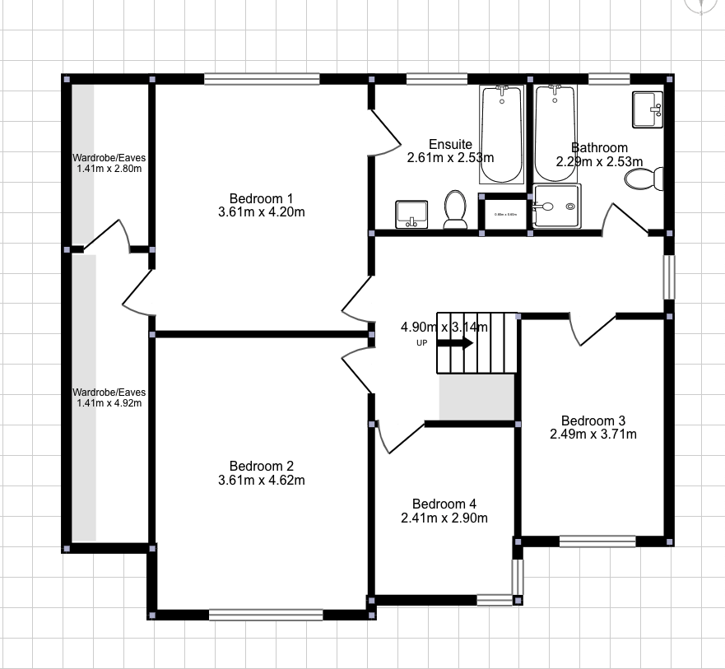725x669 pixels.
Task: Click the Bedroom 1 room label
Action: click(261, 198)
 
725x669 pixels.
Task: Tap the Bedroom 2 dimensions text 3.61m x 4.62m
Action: click(261, 480)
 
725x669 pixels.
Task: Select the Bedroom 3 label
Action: click(593, 419)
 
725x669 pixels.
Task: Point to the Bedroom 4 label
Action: click(444, 504)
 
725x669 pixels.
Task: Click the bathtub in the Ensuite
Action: click(501, 133)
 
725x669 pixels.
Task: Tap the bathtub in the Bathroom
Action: click(556, 133)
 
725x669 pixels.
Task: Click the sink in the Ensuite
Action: click(411, 214)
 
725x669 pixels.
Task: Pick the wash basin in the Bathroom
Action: click(646, 109)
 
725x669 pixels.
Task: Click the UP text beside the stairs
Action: click(421, 343)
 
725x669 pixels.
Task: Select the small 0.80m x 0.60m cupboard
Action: click(505, 214)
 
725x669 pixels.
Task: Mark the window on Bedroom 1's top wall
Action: click(262, 80)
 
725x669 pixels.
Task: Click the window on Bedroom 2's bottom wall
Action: click(265, 614)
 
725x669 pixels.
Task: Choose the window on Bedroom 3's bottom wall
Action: click(597, 541)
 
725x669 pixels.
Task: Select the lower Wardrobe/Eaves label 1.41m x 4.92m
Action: click(108, 397)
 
